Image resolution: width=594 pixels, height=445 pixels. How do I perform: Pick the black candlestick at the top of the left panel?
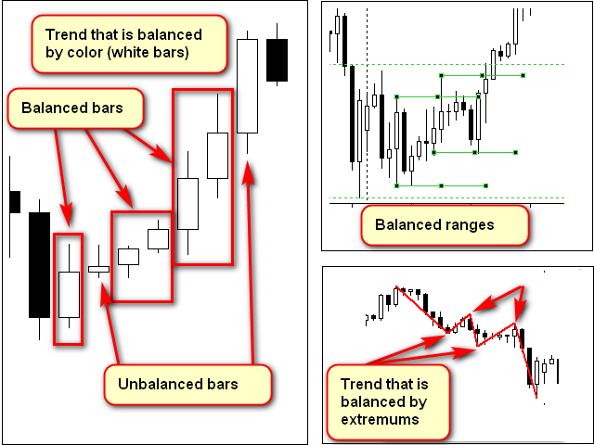(277, 60)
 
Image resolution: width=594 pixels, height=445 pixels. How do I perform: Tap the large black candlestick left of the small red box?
(39, 265)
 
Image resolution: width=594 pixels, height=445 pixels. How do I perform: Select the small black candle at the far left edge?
(14, 201)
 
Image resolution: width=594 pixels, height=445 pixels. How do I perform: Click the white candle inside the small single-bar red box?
(68, 295)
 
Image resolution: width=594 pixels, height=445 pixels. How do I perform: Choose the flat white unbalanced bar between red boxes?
(98, 269)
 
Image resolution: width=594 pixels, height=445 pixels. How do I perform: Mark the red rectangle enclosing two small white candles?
(141, 256)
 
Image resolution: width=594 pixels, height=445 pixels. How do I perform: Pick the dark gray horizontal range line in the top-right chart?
(483, 75)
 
